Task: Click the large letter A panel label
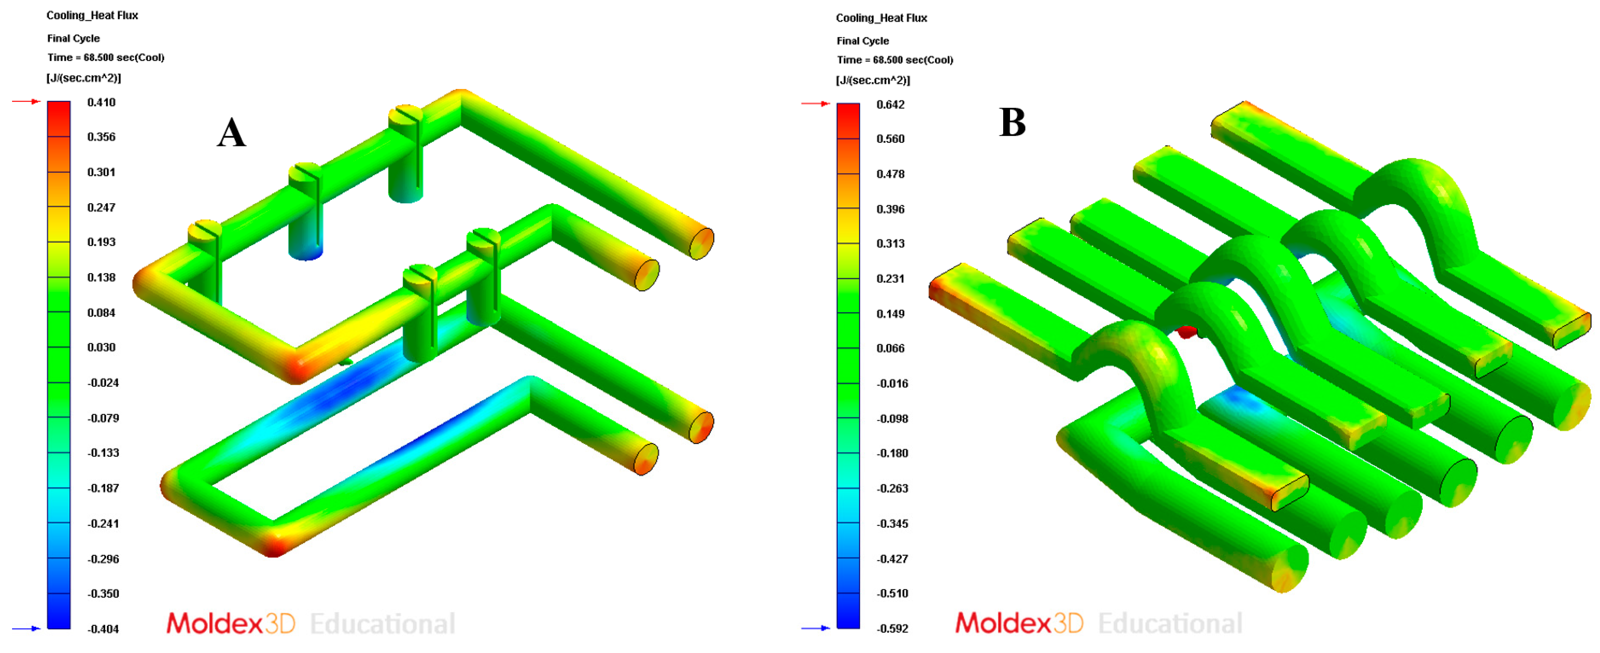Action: coord(232,132)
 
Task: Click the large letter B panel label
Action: coord(1012,122)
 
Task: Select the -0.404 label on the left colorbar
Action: coord(103,629)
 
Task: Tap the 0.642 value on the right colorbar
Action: coord(890,105)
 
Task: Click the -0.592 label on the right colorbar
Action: coord(892,628)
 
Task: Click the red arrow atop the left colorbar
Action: coord(26,101)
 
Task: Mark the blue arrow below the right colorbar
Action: coord(815,628)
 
